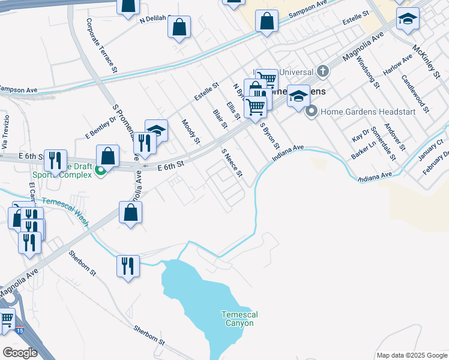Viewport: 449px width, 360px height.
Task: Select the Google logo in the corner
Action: (20, 353)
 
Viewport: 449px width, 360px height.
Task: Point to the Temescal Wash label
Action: (66, 213)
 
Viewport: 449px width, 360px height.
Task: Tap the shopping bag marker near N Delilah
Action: (179, 26)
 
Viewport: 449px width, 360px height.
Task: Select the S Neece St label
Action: (232, 164)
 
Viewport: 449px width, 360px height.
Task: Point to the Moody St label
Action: (191, 131)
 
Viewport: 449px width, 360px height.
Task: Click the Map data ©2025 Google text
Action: (411, 355)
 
